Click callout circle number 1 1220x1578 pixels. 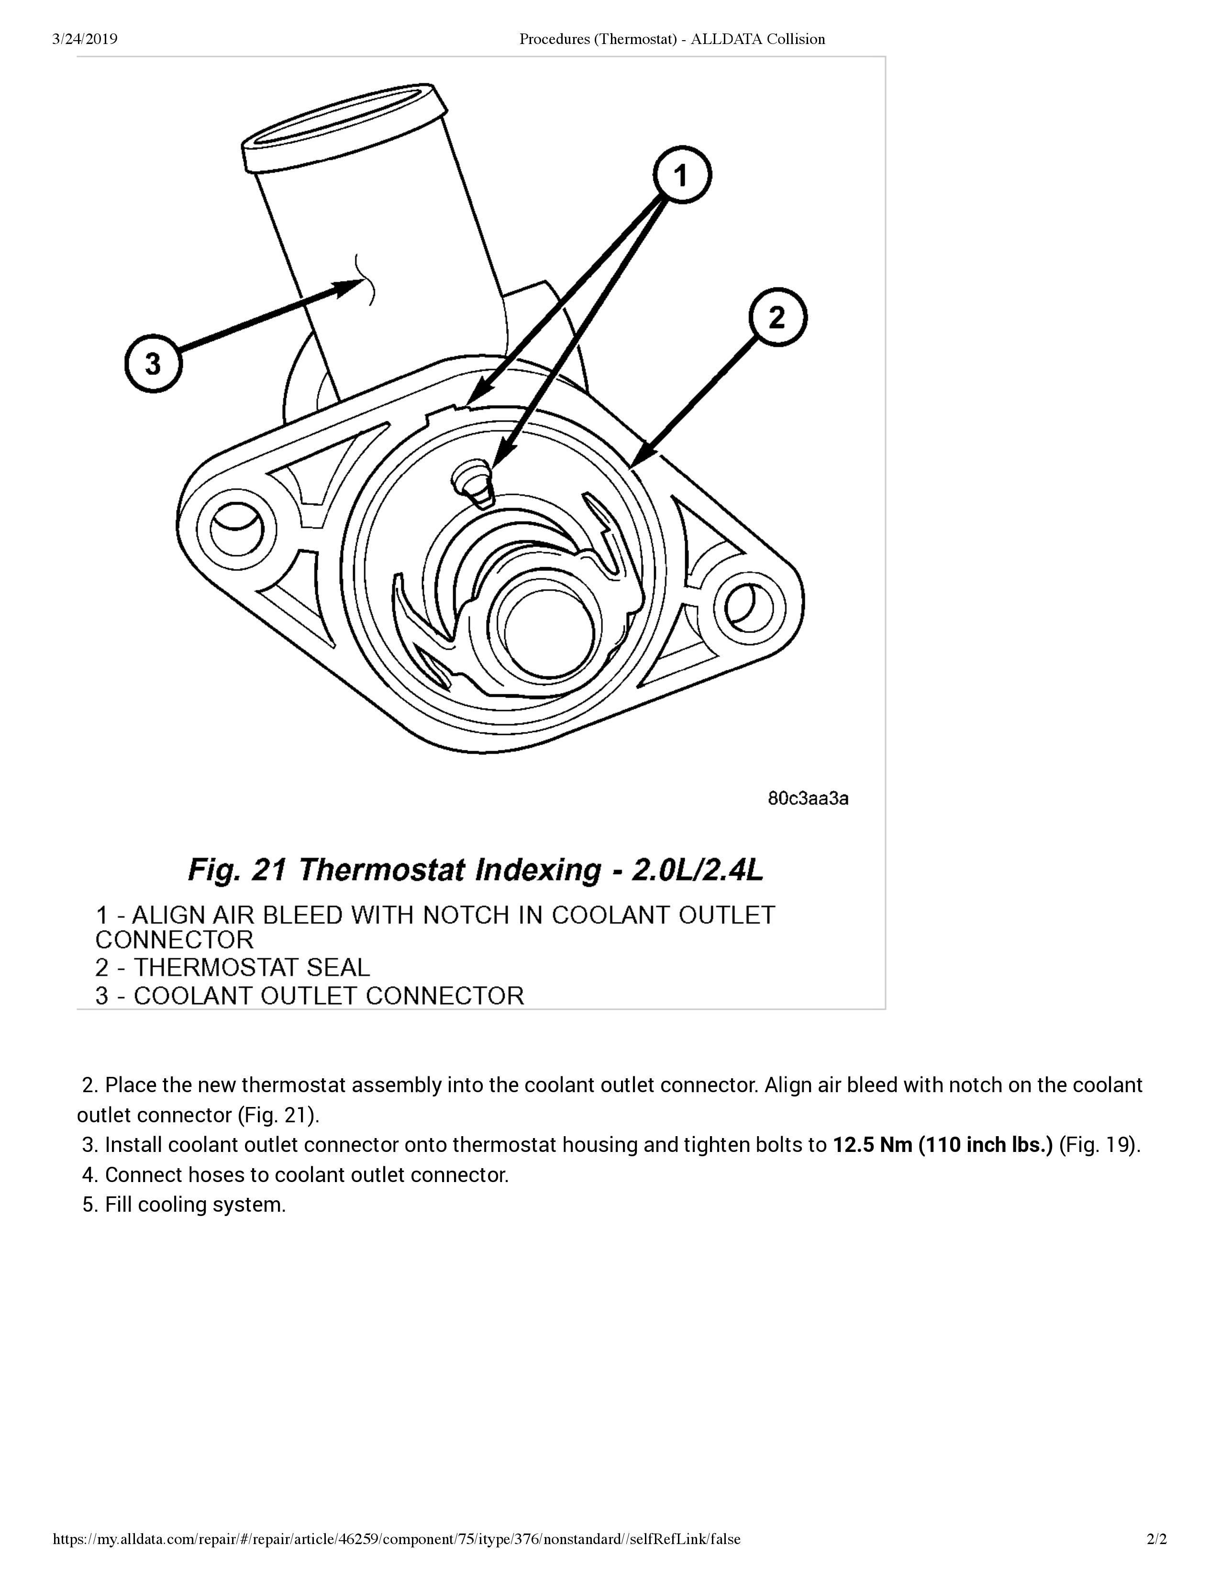coord(682,175)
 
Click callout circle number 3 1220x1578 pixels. coord(153,363)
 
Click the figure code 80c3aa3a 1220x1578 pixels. coord(807,799)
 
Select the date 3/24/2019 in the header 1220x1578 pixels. coord(85,39)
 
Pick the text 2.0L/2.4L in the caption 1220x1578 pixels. coord(697,869)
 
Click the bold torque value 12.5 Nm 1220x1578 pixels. coord(872,1144)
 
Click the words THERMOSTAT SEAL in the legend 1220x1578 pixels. coord(251,967)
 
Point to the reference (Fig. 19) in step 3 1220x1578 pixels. coord(1098,1144)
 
